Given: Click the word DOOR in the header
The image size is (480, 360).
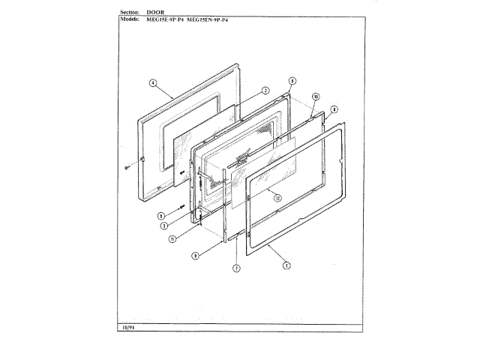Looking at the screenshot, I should click(160, 13).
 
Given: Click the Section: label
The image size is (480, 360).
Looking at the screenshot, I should click(133, 13).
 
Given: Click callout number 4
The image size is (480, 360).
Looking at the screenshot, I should click(152, 84).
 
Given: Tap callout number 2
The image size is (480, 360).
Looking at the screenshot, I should click(265, 91).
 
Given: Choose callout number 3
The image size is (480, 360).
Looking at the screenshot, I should click(163, 225).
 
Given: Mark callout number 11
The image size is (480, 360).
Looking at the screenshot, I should click(172, 239).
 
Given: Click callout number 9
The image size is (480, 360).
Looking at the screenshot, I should click(194, 255).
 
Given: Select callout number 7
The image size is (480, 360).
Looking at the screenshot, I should click(235, 268).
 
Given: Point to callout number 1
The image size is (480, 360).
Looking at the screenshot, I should click(286, 264).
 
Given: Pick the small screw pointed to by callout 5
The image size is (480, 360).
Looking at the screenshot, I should click(181, 205).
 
